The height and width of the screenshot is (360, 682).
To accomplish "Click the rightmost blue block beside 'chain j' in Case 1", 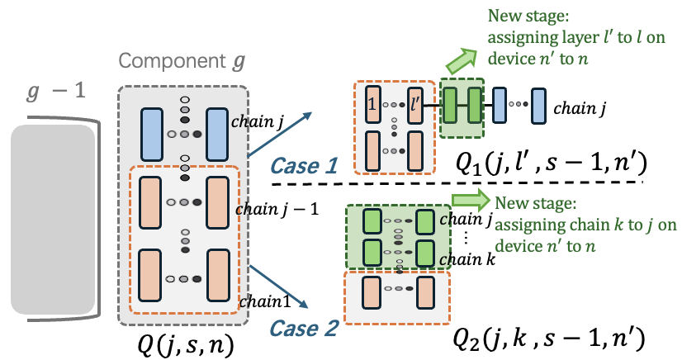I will tap(538, 107).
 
